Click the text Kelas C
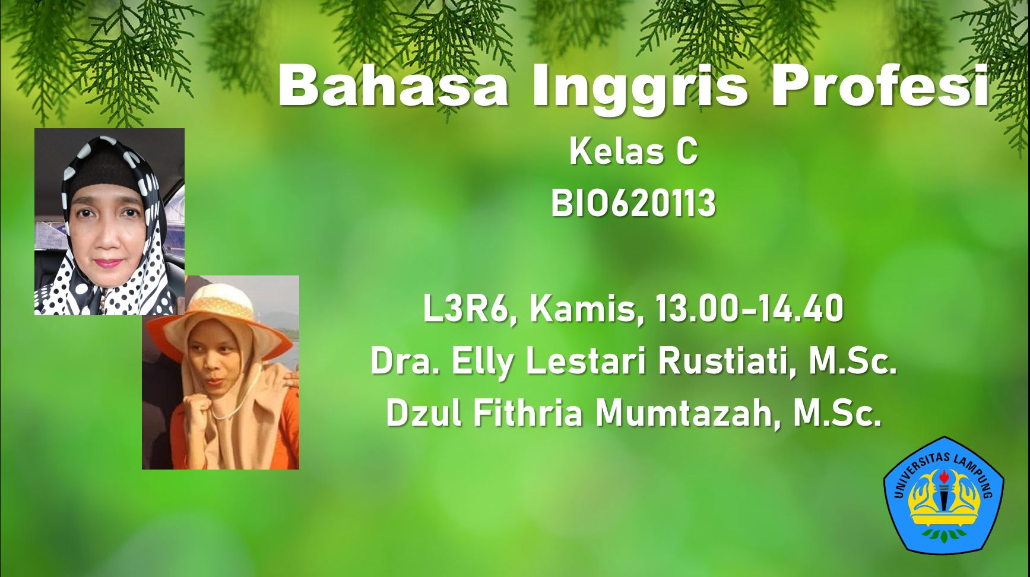pyautogui.click(x=633, y=151)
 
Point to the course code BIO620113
pyautogui.click(x=633, y=204)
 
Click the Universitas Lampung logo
pyautogui.click(x=944, y=496)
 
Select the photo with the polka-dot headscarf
pyautogui.click(x=109, y=221)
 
